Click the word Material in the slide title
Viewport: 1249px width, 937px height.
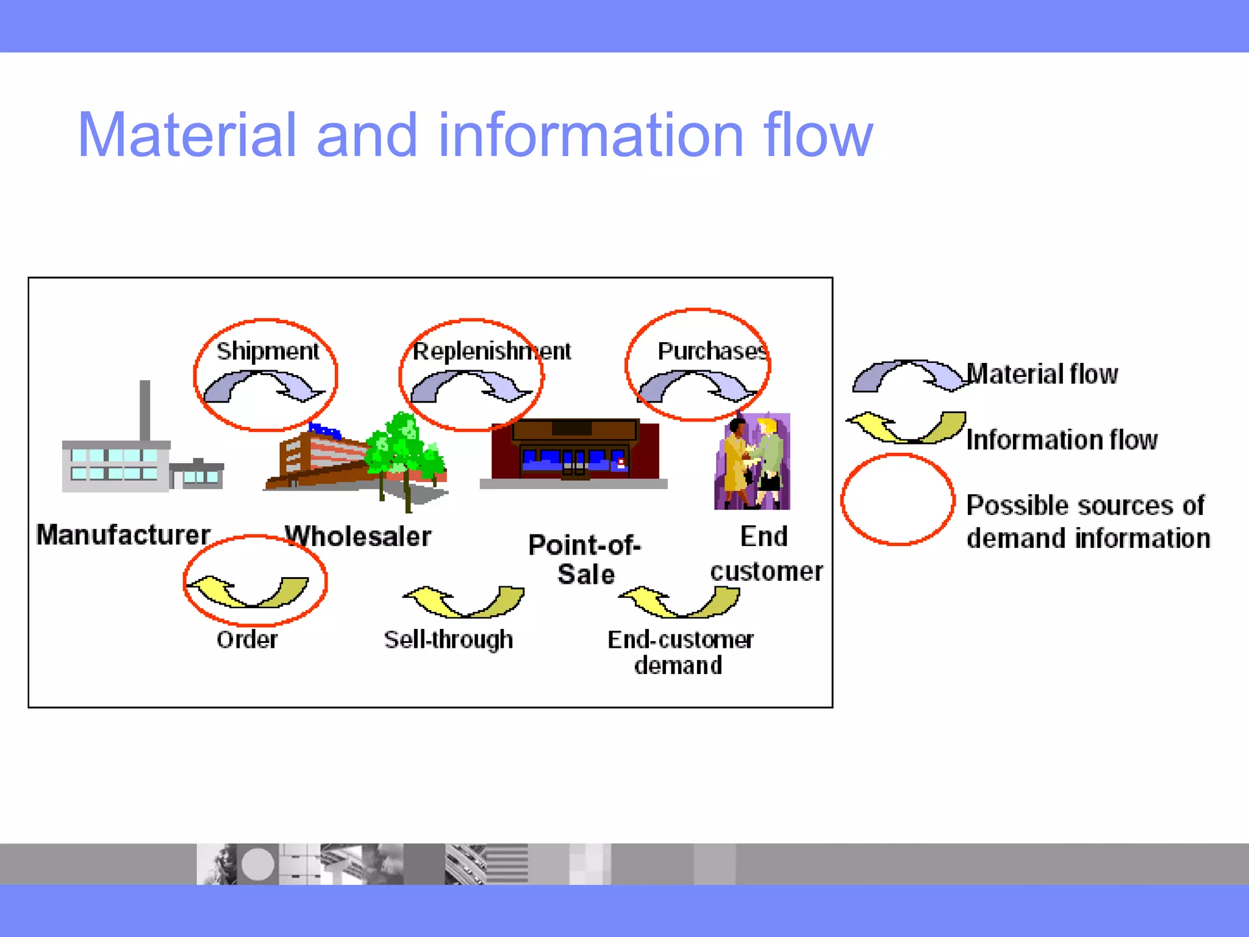point(186,135)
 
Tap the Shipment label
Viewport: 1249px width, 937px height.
point(267,351)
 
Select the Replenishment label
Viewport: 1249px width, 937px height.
point(492,351)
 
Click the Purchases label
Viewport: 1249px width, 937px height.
point(711,351)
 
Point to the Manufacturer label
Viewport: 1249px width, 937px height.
point(123,535)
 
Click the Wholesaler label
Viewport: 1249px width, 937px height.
point(358,536)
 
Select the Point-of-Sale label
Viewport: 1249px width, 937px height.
point(585,559)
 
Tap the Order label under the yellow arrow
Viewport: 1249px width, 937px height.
point(247,639)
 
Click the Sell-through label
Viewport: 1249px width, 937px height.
point(448,639)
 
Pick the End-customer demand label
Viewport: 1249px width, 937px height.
point(679,652)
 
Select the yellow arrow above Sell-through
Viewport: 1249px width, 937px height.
point(463,601)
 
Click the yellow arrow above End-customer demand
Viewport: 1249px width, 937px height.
point(679,601)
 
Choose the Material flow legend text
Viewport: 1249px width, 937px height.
point(1042,374)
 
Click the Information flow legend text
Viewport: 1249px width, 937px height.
point(1062,440)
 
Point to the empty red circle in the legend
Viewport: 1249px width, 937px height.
point(898,500)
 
